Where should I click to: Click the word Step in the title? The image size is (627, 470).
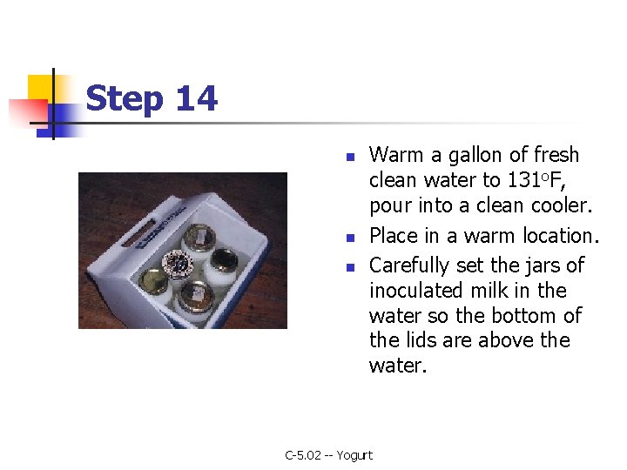pos(125,99)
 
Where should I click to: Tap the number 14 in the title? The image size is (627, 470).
pos(197,97)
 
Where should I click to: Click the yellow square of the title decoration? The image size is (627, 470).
pos(40,88)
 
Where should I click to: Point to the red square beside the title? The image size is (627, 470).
pos(28,111)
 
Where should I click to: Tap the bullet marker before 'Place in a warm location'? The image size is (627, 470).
pos(350,238)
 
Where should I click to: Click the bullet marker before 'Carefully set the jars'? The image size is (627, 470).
pos(350,267)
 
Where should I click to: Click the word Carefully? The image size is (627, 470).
pos(408,265)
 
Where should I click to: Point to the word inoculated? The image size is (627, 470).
pos(416,290)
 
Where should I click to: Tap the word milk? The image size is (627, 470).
pos(488,290)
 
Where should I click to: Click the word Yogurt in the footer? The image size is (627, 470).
pos(354,455)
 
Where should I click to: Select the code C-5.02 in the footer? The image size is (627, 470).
pos(303,455)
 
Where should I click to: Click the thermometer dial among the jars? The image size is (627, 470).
pos(178,263)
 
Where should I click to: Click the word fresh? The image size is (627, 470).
pos(556,154)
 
